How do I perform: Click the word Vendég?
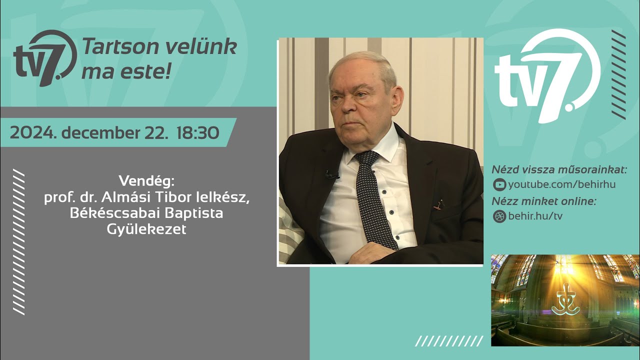coord(146,180)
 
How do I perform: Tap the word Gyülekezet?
coord(146,229)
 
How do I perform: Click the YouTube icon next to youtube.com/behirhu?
coord(499,185)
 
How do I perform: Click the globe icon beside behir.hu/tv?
coord(499,216)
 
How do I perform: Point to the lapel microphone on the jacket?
coord(331,175)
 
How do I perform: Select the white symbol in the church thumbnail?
coord(565,300)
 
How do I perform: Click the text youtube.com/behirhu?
coord(561,185)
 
